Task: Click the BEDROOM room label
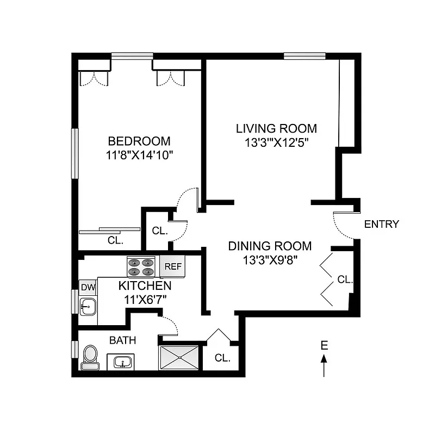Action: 138,141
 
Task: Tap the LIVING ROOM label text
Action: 276,129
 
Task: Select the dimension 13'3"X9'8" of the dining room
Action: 270,260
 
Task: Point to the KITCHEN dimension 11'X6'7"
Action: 145,299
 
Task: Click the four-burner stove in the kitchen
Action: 141,267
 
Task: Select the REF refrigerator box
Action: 172,266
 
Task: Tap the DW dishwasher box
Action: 87,287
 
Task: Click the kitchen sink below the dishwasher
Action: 87,307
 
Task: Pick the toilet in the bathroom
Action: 90,357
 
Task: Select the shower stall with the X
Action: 179,358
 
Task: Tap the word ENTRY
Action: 381,224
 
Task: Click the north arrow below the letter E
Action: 324,365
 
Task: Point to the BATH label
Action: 122,340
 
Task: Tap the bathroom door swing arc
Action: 169,326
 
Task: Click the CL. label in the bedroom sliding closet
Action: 115,239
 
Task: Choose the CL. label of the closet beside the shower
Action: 222,358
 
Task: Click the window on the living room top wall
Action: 304,55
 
